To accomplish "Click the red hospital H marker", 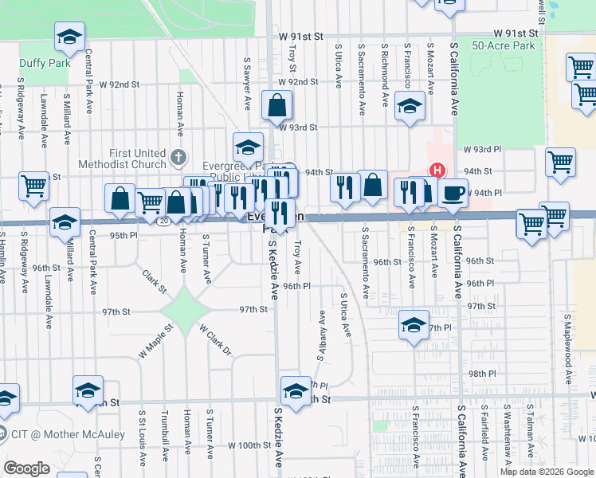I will [437, 170].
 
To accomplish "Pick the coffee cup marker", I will [453, 193].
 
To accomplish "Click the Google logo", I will [26, 468].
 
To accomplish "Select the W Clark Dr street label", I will [215, 340].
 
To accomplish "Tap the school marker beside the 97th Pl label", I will [413, 326].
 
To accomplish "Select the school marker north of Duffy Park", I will [69, 36].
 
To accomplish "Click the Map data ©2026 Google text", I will [547, 472].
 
